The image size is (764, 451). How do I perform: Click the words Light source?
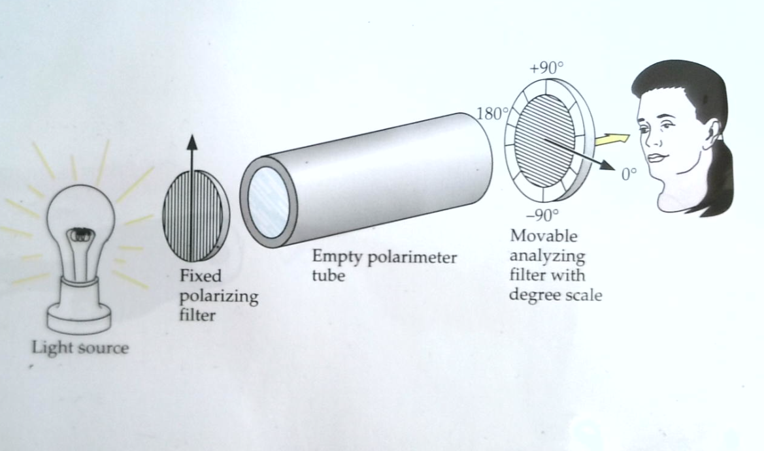tap(80, 347)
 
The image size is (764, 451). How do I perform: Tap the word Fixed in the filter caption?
tap(201, 275)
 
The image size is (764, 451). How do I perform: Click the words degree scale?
tap(556, 295)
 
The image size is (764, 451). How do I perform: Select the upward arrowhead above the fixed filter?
tap(190, 143)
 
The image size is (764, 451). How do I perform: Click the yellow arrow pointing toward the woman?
tap(613, 139)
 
